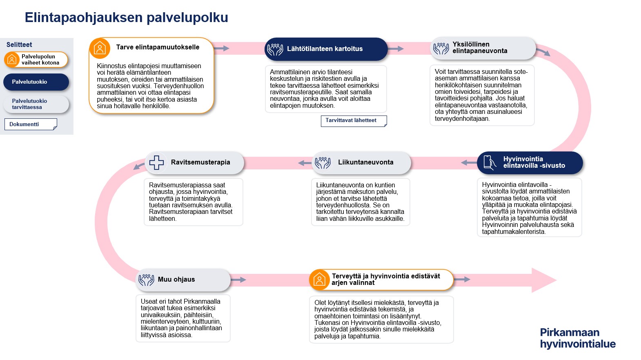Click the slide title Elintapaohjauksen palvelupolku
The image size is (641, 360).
(126, 18)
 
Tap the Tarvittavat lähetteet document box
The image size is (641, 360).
(354, 121)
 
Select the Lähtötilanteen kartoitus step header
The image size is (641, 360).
(326, 49)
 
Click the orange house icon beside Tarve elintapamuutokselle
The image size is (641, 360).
(100, 48)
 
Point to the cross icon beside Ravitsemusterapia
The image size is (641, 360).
(156, 162)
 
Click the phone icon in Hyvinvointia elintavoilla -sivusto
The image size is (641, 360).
(489, 162)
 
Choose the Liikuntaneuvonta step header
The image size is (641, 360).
(361, 162)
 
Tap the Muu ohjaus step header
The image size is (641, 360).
(183, 280)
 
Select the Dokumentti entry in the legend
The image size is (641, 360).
(30, 124)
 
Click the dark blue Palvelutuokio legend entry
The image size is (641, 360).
(36, 82)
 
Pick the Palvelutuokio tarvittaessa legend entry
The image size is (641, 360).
(36, 104)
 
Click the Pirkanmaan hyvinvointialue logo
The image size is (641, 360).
(577, 338)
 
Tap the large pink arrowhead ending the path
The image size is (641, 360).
(543, 280)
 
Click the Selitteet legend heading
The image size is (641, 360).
(19, 45)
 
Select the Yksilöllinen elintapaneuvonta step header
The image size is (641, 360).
(483, 48)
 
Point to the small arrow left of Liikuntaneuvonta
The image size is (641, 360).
(305, 163)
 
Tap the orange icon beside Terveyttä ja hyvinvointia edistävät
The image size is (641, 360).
(319, 280)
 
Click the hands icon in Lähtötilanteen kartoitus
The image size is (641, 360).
(275, 49)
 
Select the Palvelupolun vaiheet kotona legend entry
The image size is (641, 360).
(36, 60)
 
